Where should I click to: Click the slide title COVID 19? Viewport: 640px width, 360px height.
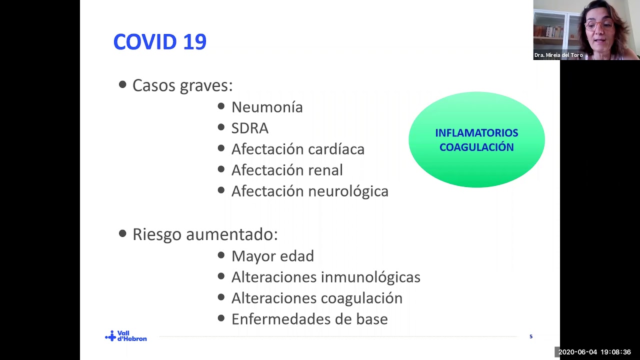point(159,42)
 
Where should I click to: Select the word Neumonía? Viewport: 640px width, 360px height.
point(267,107)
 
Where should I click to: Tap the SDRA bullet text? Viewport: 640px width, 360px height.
point(249,128)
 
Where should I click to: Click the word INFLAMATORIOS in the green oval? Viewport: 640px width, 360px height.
point(476,133)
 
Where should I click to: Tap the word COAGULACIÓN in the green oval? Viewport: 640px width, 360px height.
point(476,147)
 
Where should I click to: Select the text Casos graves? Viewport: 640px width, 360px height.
point(182,85)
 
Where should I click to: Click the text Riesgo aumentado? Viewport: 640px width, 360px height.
point(205,234)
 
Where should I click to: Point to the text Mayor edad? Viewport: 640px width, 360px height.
point(272,256)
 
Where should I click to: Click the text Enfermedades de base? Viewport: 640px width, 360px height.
point(309,319)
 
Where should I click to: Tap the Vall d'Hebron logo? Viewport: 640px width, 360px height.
point(126,336)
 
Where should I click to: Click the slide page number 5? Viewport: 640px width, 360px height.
point(531,336)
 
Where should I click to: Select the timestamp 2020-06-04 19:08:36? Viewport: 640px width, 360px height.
point(594,352)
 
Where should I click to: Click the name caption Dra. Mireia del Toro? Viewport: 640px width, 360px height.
point(558,55)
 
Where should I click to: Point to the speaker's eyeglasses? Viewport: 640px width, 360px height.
point(598,25)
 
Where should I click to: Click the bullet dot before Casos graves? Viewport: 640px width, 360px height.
point(122,84)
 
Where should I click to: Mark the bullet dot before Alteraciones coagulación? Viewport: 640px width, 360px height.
point(221,297)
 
